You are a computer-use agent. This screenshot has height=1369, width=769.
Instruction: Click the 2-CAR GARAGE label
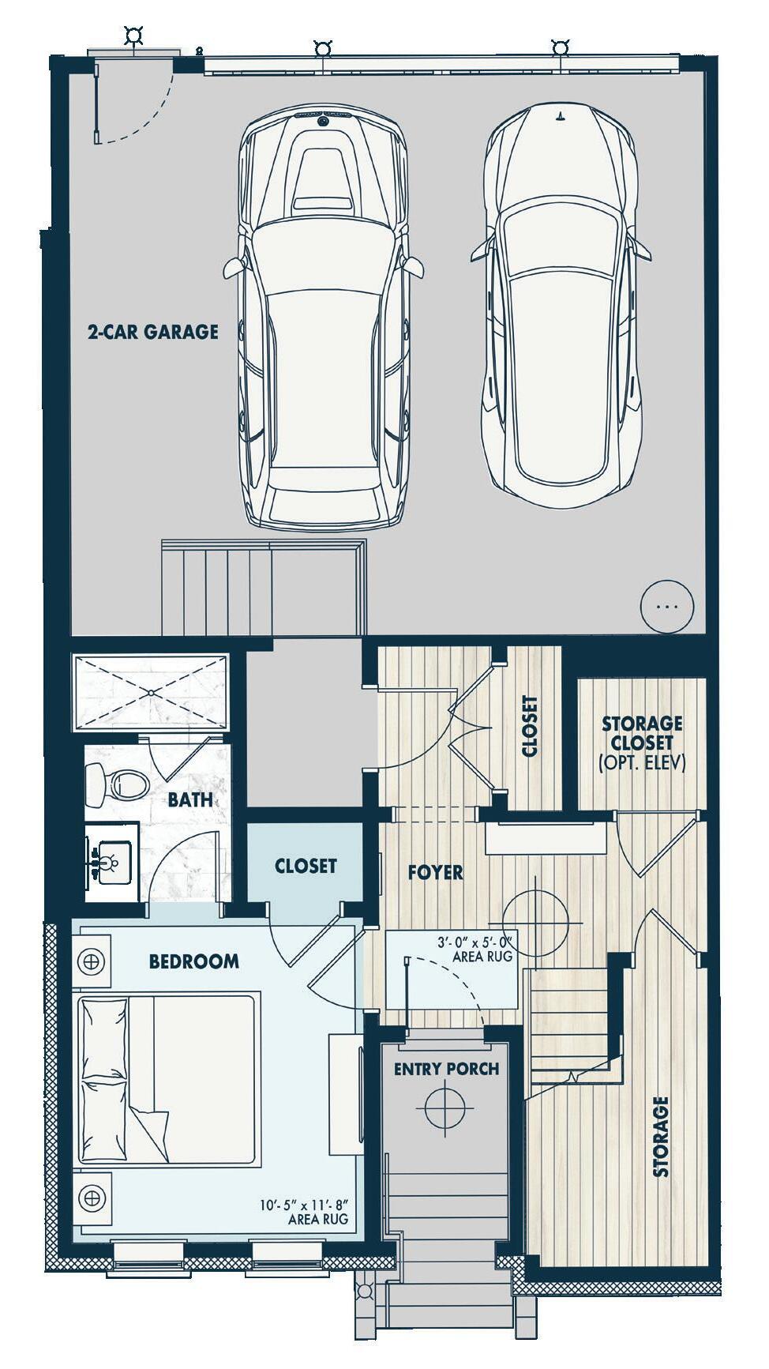(152, 331)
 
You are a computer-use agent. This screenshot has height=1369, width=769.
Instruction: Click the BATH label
(189, 799)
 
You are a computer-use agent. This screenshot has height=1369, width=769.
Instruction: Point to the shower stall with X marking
(150, 693)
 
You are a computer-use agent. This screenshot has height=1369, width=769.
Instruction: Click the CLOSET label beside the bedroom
(306, 866)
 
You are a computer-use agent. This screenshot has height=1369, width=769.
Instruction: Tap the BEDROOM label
(193, 961)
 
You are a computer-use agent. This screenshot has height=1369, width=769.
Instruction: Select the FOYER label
(435, 872)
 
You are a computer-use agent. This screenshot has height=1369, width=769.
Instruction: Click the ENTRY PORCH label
(446, 1069)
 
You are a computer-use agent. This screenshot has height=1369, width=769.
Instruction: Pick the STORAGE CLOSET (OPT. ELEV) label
(641, 743)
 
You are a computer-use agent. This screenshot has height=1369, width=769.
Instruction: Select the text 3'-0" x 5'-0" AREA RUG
(475, 949)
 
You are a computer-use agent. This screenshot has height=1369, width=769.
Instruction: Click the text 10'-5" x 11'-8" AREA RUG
(304, 1212)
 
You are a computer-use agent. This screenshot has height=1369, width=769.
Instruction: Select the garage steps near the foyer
(264, 588)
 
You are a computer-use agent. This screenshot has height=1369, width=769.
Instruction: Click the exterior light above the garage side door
(133, 36)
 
